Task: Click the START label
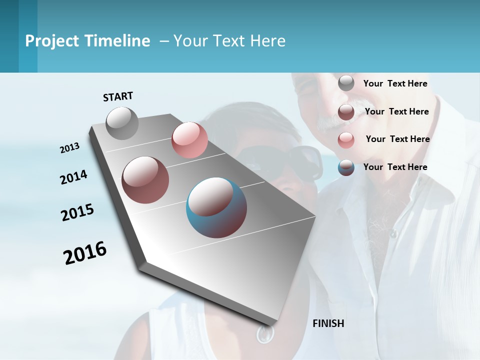(118, 96)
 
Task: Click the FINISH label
(328, 323)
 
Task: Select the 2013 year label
(69, 148)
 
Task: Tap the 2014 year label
(73, 177)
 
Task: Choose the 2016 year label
(85, 252)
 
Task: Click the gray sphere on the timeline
(122, 123)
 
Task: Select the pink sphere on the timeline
(189, 140)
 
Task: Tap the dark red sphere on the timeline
(145, 180)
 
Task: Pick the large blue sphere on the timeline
(216, 207)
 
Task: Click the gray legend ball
(346, 83)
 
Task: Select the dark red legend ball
(346, 112)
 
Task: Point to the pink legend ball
(346, 140)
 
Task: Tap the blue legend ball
(346, 167)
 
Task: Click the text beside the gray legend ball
(395, 83)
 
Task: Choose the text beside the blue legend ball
(395, 167)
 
